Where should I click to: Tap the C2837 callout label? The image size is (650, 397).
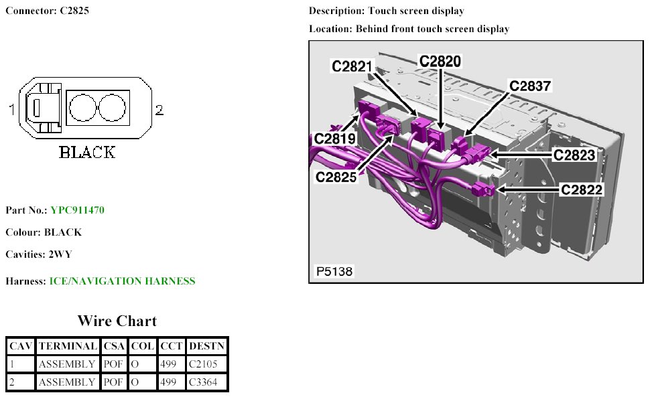530,86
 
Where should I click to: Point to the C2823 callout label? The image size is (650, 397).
574,155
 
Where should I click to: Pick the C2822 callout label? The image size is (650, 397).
582,190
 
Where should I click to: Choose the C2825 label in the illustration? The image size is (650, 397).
336,177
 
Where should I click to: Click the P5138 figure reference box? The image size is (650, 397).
334,272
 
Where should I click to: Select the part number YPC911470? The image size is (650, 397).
77,210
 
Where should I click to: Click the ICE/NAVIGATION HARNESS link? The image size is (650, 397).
122,281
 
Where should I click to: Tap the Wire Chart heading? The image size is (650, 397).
117,321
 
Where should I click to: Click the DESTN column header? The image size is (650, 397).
207,346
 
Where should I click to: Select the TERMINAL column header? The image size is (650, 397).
67,346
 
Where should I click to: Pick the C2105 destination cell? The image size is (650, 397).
203,364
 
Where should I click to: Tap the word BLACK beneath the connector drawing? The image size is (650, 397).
87,152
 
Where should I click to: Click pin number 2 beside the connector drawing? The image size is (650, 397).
159,110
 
